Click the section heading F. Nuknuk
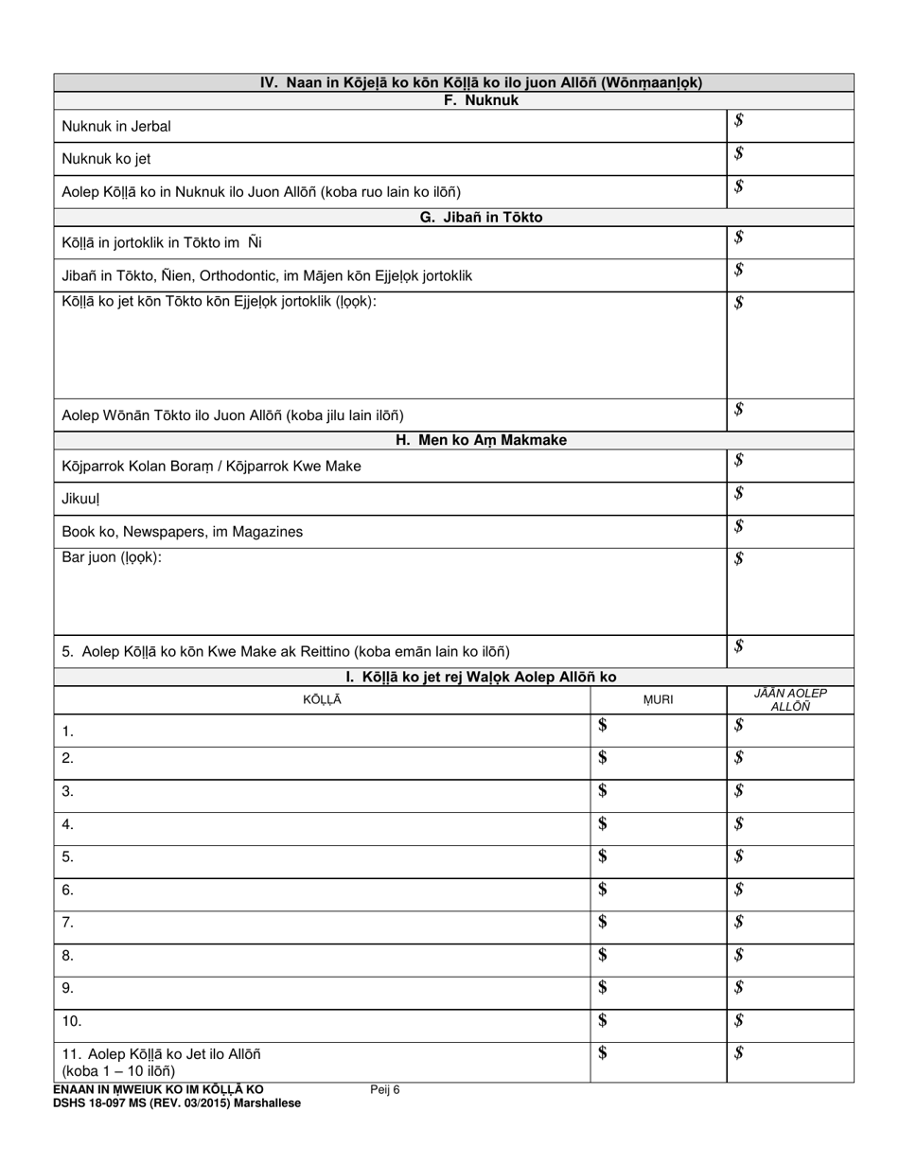tap(481, 100)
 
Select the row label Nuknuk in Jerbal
tap(116, 126)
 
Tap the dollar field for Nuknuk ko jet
tap(789, 158)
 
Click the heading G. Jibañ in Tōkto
tap(481, 218)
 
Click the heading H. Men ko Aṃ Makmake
tap(481, 440)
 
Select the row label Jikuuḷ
tap(80, 499)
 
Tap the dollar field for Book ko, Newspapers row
tap(789, 531)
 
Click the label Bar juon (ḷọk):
tap(112, 557)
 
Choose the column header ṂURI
tap(658, 700)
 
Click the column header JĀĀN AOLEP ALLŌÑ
tap(789, 700)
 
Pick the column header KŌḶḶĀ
tap(322, 700)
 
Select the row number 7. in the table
tap(67, 923)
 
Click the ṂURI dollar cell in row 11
tap(658, 1062)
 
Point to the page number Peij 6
tap(385, 1090)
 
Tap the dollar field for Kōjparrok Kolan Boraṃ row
tap(789, 466)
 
